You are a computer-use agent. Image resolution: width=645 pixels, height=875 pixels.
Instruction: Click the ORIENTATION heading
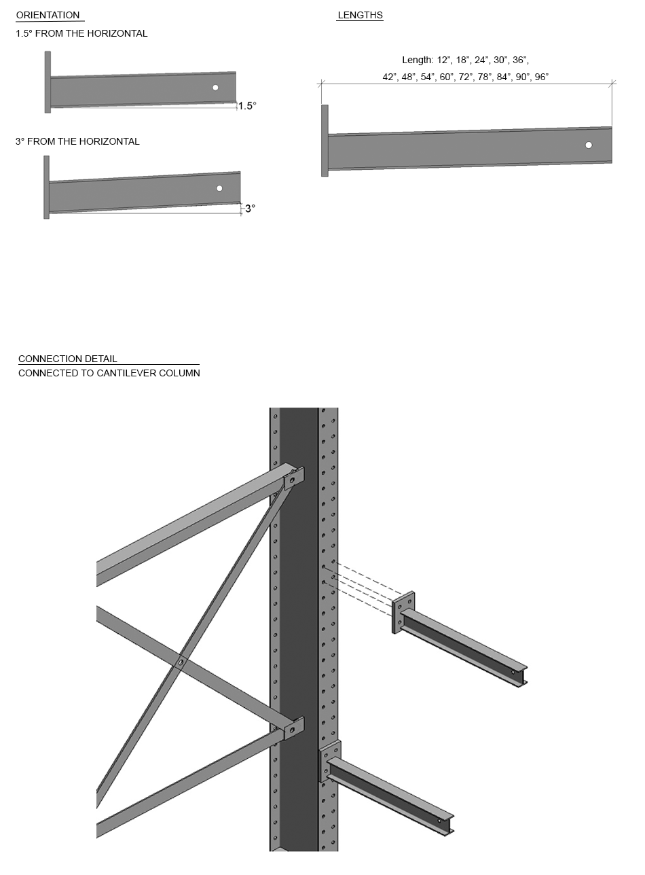click(x=48, y=15)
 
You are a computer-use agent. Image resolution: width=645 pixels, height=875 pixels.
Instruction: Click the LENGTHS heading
click(x=360, y=15)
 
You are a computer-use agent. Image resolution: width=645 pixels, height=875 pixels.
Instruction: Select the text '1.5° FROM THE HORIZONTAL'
click(x=81, y=33)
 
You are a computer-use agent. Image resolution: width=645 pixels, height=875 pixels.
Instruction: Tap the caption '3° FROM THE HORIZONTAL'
click(x=77, y=141)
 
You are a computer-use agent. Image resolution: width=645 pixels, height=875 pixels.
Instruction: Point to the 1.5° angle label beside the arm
click(x=247, y=106)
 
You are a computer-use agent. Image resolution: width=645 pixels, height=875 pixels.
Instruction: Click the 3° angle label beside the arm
click(x=250, y=209)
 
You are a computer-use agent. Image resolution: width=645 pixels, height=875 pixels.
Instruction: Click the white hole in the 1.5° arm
click(x=215, y=87)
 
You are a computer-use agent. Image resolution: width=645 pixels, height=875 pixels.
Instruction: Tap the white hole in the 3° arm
click(x=219, y=188)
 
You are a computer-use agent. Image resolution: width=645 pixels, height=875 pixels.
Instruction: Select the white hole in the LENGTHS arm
click(x=589, y=145)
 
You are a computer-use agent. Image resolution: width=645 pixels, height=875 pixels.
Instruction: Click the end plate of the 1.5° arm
click(x=48, y=82)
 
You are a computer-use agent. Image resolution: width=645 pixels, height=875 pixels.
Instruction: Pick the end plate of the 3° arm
click(x=46, y=187)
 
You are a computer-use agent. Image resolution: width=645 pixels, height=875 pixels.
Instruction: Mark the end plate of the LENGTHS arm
click(x=325, y=141)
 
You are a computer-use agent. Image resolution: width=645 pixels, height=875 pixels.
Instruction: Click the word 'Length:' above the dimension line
click(x=417, y=60)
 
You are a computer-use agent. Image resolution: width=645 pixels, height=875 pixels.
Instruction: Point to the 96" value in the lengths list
click(x=541, y=77)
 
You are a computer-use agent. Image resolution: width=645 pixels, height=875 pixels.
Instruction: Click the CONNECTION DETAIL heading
click(x=67, y=358)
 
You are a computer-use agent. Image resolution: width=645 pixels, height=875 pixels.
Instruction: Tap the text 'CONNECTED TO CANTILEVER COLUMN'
click(x=109, y=373)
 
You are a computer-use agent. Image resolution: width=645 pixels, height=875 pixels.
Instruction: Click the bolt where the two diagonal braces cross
click(x=181, y=662)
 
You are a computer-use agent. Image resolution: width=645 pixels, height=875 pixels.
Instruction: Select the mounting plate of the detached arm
click(x=403, y=612)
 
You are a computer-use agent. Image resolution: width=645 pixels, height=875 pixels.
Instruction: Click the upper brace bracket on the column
click(x=293, y=478)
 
